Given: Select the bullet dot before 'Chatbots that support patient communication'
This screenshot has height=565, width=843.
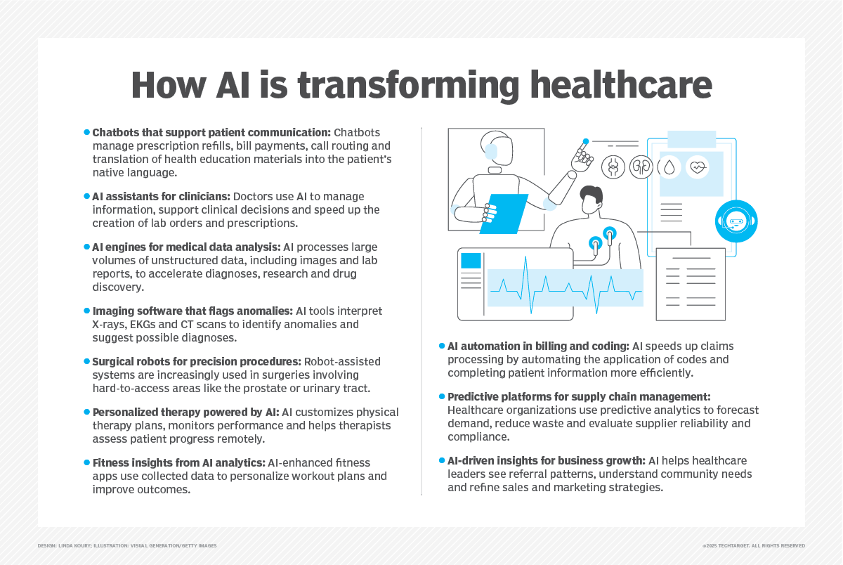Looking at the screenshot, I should click(88, 132).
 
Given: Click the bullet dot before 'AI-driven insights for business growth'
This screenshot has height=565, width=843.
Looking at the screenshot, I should click(443, 461).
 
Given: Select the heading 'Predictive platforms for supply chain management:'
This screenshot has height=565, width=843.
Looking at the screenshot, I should click(579, 397).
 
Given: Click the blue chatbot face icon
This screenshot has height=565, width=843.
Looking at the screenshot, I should click(736, 221).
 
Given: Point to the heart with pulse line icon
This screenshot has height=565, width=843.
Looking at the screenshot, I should click(698, 168).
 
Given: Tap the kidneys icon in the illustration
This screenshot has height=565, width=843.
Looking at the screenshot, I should click(641, 167).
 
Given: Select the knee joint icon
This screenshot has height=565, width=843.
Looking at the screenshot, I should click(613, 167).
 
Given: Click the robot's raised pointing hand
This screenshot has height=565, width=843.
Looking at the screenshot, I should click(582, 158).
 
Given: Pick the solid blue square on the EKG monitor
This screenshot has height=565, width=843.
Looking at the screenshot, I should click(471, 260).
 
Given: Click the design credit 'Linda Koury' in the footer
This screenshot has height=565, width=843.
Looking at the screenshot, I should click(84, 546).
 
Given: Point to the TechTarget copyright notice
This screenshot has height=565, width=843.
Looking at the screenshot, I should click(753, 546).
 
